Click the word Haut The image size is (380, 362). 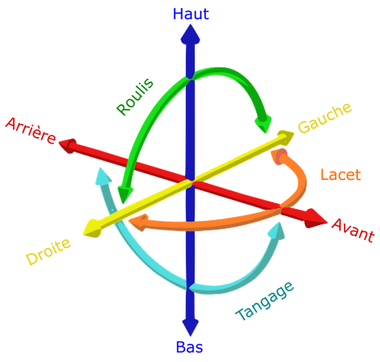(x=191, y=13)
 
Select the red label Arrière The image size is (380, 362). (x=30, y=132)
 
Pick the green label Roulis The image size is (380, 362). (x=135, y=97)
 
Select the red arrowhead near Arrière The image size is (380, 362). (x=67, y=145)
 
